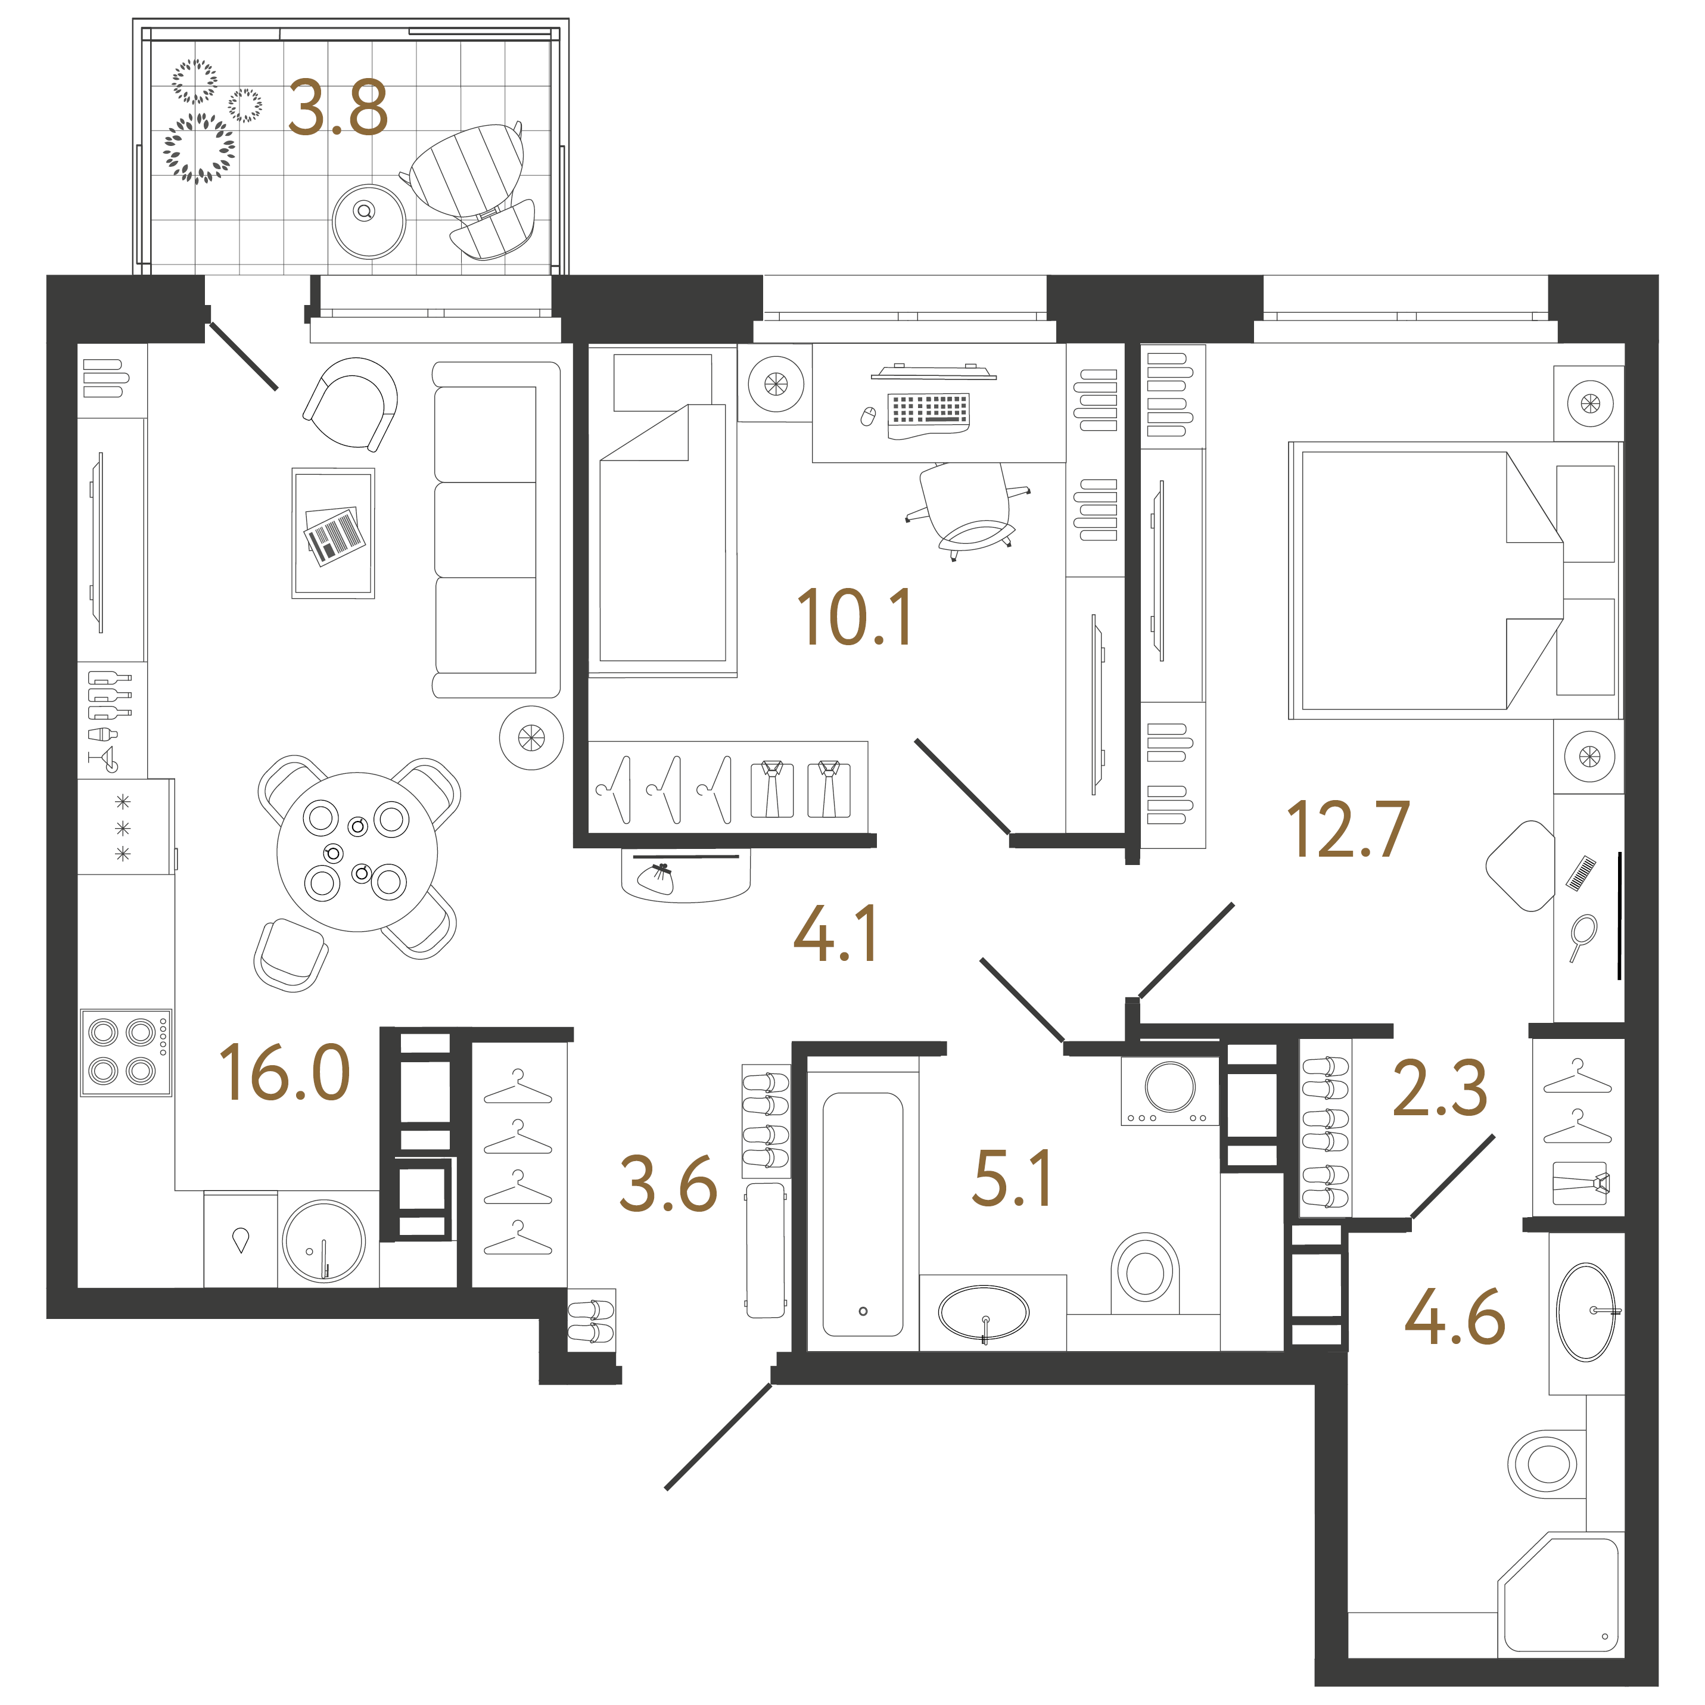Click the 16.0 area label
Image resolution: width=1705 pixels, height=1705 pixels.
tap(284, 1072)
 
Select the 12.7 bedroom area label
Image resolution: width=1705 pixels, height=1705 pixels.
tap(1348, 829)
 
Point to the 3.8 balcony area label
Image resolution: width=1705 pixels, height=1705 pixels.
tap(338, 108)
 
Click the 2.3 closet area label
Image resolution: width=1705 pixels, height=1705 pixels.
tap(1439, 1087)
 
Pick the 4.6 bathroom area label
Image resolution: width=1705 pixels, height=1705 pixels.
tap(1454, 1316)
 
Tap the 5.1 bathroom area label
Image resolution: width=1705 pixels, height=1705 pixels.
tap(1012, 1177)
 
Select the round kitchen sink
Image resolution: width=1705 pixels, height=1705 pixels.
tap(324, 1240)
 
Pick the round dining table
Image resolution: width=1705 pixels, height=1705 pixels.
tap(357, 852)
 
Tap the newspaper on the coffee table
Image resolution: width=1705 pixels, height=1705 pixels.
tap(334, 535)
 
